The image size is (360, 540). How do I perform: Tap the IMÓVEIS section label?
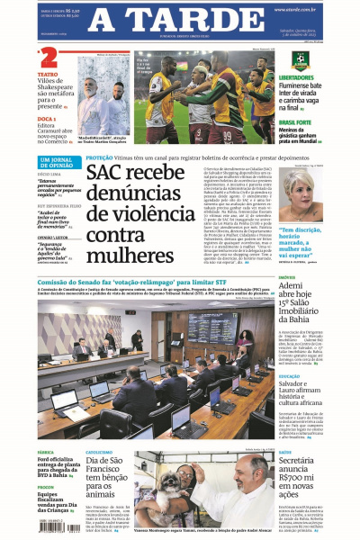[289, 278]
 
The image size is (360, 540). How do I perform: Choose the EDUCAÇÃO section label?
[291, 376]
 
